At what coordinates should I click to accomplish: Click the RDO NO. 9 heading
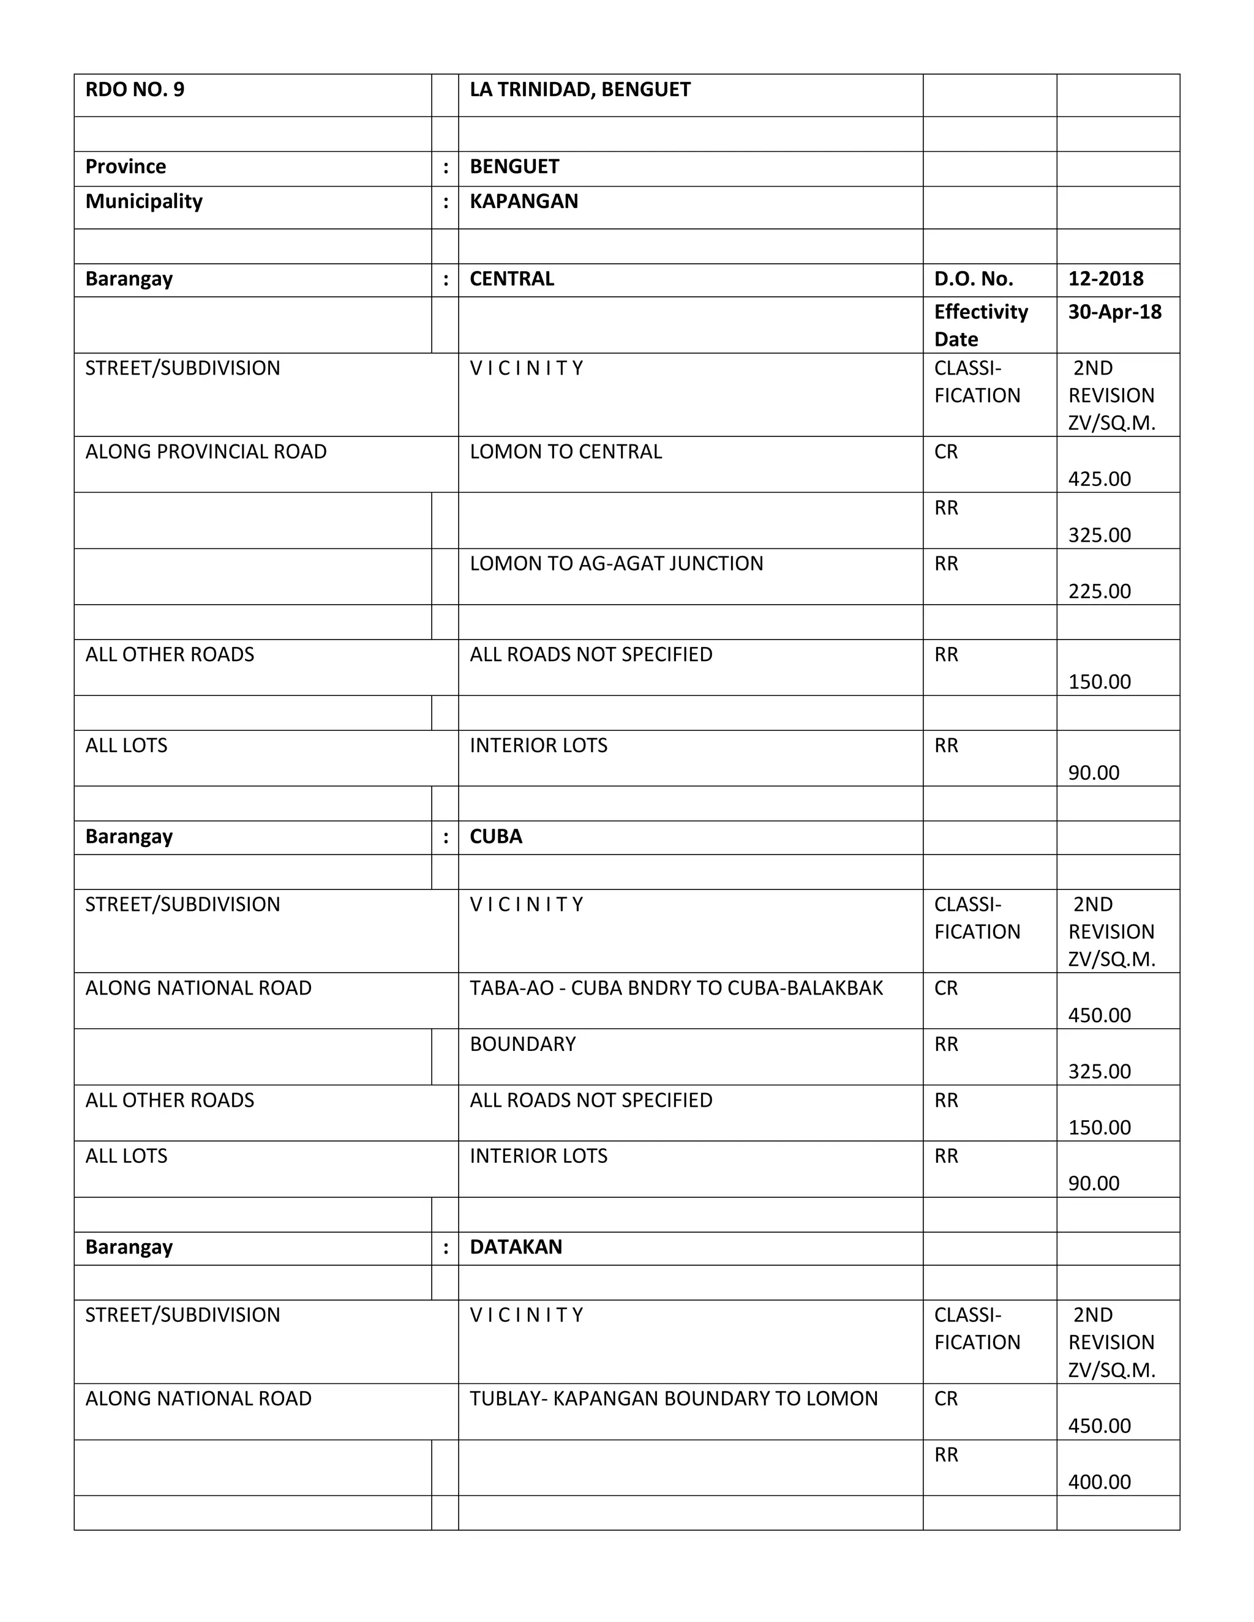(x=135, y=90)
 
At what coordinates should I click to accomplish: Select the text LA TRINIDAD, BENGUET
(x=579, y=90)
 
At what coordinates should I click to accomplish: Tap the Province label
(x=126, y=166)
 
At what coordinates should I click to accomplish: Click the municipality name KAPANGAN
(x=524, y=201)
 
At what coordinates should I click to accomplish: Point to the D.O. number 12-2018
(x=1105, y=278)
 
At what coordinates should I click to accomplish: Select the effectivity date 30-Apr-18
(x=1114, y=312)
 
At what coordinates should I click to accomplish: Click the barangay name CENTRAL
(x=512, y=278)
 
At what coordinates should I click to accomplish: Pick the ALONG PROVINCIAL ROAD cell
(x=206, y=452)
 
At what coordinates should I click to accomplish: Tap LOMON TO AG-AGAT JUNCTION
(x=616, y=564)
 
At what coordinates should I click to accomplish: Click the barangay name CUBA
(x=495, y=836)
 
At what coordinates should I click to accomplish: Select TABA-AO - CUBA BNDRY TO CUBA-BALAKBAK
(x=676, y=988)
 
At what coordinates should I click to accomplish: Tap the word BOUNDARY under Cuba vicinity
(x=522, y=1044)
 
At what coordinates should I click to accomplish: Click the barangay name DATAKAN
(x=516, y=1247)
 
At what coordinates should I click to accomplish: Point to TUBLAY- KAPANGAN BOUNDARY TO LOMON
(x=673, y=1399)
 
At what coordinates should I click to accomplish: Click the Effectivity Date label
(x=981, y=325)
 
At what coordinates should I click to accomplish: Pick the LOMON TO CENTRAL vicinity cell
(x=565, y=452)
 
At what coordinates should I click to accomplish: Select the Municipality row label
(x=143, y=201)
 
